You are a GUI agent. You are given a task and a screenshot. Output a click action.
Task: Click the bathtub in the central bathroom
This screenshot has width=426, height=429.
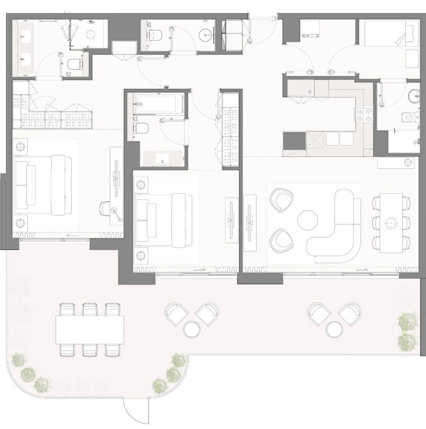click(159, 103)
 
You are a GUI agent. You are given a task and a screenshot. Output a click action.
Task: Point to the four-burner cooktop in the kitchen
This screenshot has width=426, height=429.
click(364, 114)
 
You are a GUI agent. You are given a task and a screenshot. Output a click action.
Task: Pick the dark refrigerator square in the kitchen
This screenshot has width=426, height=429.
click(294, 141)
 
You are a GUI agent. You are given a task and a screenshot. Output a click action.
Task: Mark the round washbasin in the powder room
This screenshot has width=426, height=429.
click(205, 34)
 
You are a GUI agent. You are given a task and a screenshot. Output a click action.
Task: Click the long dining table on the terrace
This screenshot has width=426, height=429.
click(90, 329)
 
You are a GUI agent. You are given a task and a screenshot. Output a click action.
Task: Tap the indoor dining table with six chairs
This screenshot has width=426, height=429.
click(391, 222)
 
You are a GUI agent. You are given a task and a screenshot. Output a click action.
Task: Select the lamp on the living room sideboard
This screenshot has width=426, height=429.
click(407, 162)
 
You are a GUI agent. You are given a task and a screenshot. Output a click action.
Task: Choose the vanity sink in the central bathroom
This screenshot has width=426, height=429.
click(162, 158)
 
